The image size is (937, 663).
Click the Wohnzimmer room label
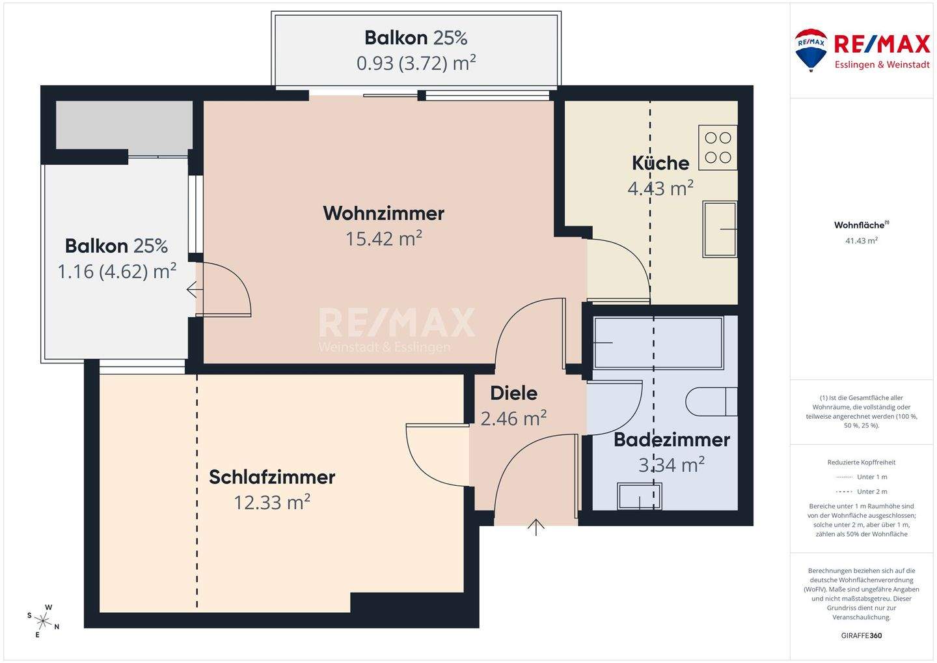383,213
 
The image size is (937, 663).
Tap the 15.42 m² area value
383,238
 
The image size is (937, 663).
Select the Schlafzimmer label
272,477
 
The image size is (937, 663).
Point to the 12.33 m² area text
272,502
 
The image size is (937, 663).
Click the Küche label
660,163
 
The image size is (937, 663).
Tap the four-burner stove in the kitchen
718,147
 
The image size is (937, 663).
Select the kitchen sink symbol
719,229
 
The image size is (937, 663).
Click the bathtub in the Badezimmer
658,343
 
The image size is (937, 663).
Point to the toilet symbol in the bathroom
712,402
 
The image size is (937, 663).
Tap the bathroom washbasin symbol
639,496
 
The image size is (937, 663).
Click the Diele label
513,393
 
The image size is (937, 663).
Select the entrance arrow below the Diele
536,526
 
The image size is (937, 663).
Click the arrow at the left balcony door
192,289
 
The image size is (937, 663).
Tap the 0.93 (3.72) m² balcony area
416,63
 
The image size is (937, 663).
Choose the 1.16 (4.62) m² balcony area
117,271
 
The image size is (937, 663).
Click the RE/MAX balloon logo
810,49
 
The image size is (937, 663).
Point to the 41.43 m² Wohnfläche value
862,240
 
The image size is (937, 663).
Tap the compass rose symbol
44,620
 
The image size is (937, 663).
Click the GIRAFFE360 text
862,636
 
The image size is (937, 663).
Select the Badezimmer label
672,440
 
